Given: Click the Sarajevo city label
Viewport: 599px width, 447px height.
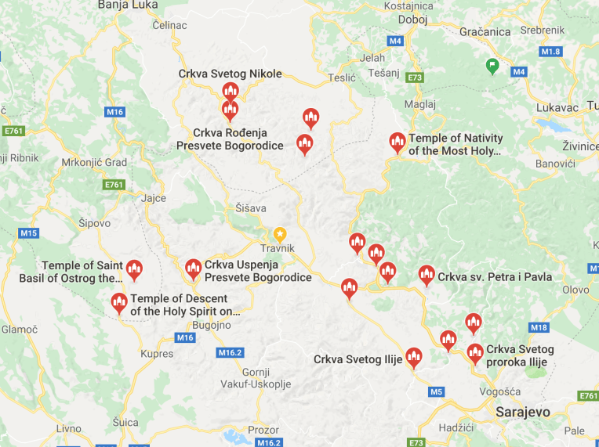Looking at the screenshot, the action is tap(523, 412).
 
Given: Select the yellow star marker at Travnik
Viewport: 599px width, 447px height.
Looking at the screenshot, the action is tap(280, 234).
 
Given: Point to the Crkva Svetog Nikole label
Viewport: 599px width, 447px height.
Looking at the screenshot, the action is tap(230, 74).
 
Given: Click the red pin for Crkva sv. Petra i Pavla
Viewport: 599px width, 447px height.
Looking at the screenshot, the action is tap(427, 275).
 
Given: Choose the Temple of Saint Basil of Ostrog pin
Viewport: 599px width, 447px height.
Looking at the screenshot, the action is tap(134, 270).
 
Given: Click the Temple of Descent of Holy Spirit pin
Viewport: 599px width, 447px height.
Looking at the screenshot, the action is tap(119, 302).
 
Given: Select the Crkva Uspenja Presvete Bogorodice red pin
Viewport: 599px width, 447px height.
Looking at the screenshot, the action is tap(193, 269).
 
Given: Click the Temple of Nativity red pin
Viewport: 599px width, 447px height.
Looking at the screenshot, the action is tap(398, 142).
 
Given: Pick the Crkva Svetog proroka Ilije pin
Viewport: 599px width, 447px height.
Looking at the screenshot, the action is tap(475, 354).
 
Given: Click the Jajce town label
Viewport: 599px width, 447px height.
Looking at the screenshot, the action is tap(154, 198).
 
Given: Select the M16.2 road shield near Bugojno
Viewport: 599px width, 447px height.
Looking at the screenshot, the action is tap(231, 352).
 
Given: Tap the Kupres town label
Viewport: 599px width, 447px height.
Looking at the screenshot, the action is tap(157, 354).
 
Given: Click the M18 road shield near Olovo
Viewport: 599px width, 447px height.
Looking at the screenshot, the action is tap(539, 327).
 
